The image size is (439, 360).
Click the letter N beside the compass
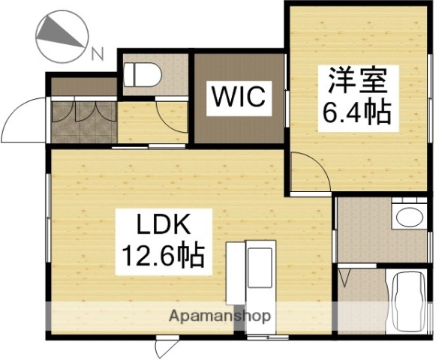coord(96,52)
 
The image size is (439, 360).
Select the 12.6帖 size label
coord(164,256)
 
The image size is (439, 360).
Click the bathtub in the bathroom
coord(407,300)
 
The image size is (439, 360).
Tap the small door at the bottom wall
coord(164,347)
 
